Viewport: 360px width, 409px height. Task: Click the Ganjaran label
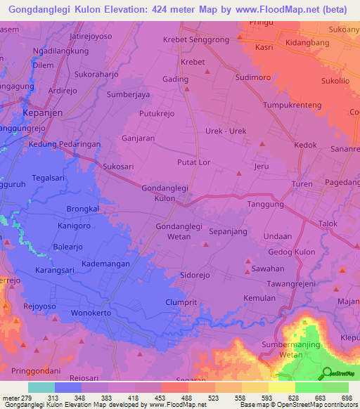click(x=138, y=138)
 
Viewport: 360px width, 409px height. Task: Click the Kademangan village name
click(x=105, y=262)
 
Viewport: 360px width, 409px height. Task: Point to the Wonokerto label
click(x=91, y=313)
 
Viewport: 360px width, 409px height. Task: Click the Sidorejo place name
click(x=196, y=275)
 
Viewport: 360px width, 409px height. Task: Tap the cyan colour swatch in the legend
click(x=41, y=387)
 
